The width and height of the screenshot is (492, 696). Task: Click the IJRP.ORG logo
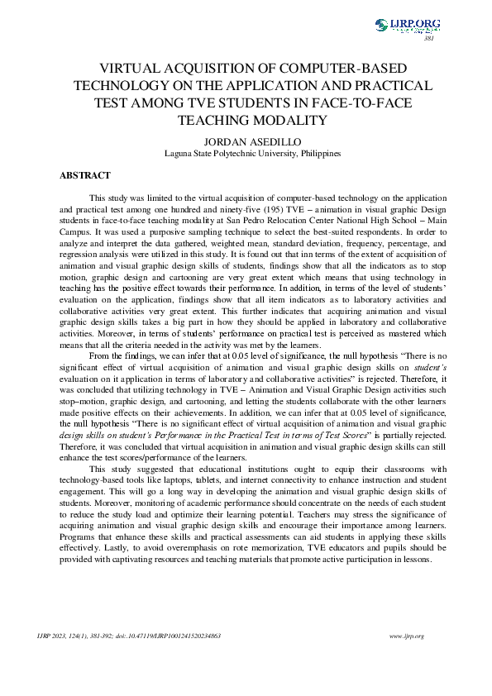point(408,26)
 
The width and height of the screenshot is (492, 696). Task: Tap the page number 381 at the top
point(428,39)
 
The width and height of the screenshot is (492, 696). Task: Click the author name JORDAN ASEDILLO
point(246,140)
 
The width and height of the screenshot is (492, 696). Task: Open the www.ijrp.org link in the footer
point(406,636)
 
